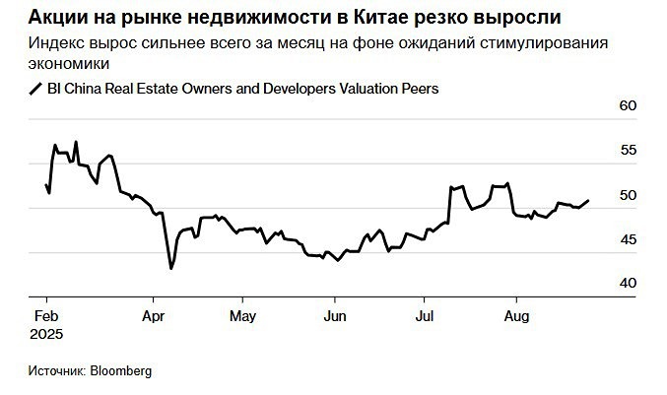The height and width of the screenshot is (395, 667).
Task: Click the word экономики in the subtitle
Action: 70,62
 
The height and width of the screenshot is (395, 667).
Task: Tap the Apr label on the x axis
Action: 154,316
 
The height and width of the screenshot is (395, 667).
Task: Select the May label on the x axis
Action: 242,316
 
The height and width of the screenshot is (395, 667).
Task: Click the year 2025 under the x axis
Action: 47,335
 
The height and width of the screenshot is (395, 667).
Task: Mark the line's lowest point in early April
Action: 171,268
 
